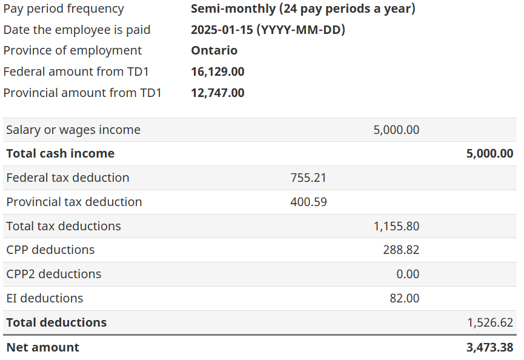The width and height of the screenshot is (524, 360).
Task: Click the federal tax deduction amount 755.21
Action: coord(308,178)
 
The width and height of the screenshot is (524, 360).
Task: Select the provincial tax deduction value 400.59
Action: coord(308,202)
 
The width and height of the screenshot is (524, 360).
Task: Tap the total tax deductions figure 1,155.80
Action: coord(396,226)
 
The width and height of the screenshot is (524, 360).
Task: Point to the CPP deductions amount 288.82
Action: coord(401,250)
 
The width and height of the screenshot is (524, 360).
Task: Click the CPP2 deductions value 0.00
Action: coord(408,274)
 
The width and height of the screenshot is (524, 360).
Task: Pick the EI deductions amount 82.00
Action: coord(404,298)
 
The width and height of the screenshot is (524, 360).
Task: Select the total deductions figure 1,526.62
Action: coord(490,322)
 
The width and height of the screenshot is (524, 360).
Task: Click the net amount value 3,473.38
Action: coord(490,347)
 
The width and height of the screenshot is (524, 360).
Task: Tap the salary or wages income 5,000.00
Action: coord(396,130)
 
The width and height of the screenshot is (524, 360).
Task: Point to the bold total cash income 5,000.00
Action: coord(490,153)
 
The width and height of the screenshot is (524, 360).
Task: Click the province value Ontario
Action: coord(214,50)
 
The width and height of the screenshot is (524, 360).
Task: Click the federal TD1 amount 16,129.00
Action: coord(217,72)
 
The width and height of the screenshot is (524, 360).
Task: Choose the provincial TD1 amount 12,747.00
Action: coord(217,93)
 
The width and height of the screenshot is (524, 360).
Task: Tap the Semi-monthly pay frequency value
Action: coord(303,8)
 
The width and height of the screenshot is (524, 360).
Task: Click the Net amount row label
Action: coord(42,347)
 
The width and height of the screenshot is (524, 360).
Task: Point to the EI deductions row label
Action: coord(44,298)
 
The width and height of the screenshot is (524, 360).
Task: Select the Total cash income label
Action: coord(60,153)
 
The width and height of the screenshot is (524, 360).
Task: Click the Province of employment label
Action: coord(72,50)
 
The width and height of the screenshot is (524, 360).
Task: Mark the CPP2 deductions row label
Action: coord(53,274)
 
